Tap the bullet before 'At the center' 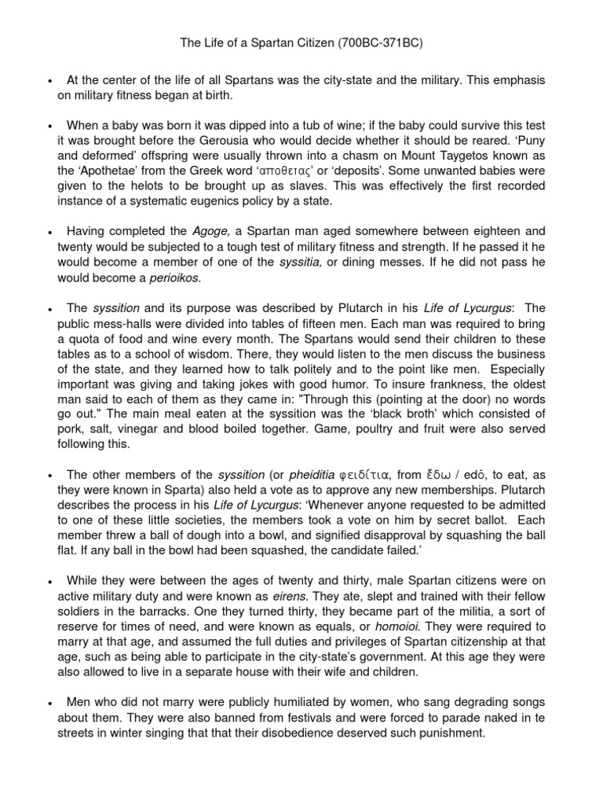50,81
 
